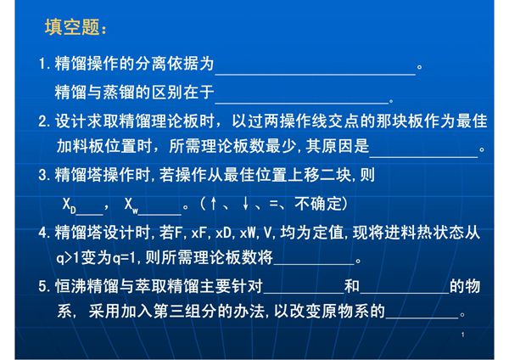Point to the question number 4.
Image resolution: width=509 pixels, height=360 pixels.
44,231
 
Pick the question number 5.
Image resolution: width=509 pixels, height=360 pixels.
44,286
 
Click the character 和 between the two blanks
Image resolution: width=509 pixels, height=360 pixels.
353,286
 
